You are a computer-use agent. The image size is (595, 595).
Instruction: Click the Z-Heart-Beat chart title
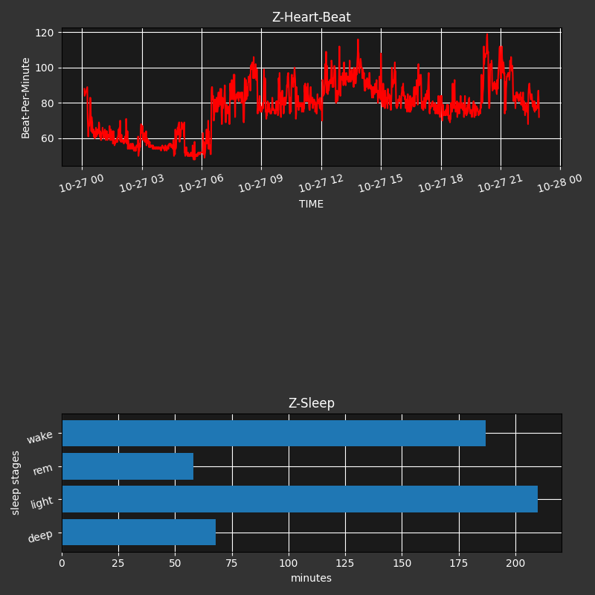coord(311,17)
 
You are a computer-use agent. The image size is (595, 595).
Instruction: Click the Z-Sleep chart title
coord(311,403)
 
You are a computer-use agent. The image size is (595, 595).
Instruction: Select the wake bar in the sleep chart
coord(274,434)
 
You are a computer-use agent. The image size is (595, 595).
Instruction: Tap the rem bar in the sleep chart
coord(128,466)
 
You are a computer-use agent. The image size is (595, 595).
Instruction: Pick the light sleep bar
coord(300,499)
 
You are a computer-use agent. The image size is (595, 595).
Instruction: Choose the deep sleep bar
coord(139,533)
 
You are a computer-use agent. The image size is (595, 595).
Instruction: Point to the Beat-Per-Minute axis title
coord(26,97)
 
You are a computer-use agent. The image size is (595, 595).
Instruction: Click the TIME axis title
coord(311,204)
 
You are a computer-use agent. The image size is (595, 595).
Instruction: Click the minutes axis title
coord(311,578)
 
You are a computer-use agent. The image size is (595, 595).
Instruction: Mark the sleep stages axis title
coord(16,482)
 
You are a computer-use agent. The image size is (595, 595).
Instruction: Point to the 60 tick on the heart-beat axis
coord(47,138)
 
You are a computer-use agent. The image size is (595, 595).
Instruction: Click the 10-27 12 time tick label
coord(321,183)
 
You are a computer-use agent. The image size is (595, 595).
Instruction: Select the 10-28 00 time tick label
coord(560,183)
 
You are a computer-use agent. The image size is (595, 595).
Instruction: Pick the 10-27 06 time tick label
coord(202,183)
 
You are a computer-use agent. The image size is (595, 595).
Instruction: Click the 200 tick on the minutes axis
coord(515,563)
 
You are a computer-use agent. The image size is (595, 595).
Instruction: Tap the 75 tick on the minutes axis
coord(232,563)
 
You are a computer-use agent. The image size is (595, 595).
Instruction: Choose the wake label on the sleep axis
coord(40,437)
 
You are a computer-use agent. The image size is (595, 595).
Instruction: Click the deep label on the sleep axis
coord(40,536)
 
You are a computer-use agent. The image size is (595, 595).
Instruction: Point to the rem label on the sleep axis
coord(43,469)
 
